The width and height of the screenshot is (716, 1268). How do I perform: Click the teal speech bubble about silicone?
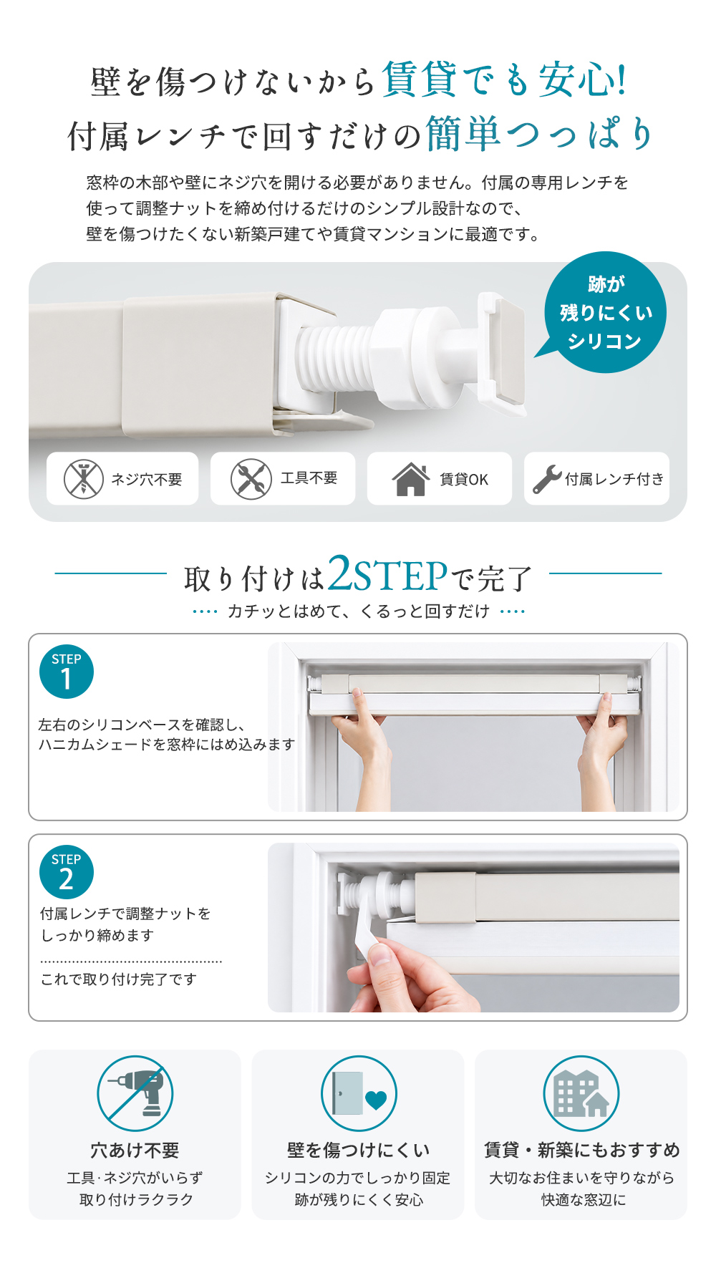605,312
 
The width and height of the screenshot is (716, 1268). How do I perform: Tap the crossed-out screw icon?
84,478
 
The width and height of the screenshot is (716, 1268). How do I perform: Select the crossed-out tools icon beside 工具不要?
251,478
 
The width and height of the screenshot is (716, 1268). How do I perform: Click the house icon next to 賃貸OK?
410,479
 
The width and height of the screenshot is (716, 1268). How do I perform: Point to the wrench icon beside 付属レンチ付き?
547,479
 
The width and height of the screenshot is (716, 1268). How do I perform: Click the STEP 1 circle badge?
67,672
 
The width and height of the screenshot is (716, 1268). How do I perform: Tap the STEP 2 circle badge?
67,872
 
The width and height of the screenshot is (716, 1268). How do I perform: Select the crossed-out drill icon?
135,1093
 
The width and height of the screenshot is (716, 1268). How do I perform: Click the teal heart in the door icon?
375,1099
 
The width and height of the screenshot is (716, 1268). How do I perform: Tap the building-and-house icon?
581,1093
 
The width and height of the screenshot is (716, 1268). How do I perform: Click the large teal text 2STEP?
387,574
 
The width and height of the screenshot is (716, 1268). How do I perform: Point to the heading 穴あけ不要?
135,1150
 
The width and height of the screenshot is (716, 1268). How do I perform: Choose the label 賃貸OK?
464,479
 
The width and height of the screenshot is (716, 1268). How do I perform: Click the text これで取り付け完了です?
119,979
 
